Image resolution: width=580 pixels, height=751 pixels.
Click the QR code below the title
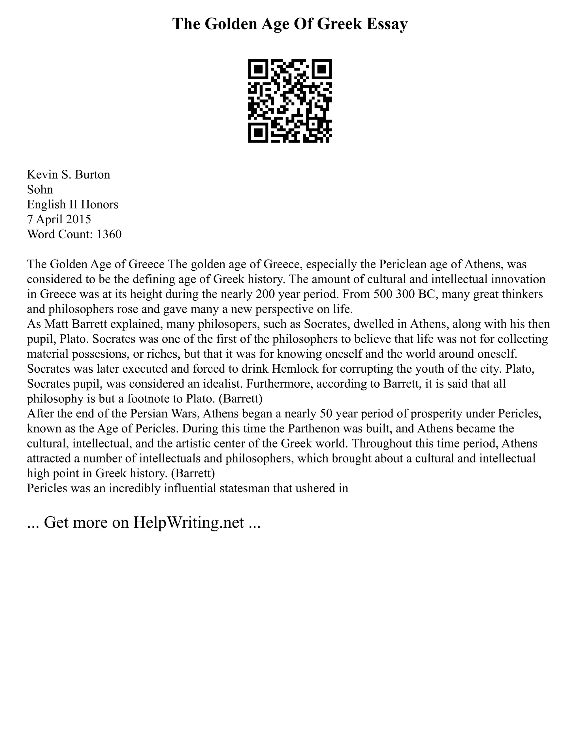(x=290, y=101)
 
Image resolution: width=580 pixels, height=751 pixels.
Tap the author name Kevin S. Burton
(x=69, y=175)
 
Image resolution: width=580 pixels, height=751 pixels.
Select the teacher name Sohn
(x=40, y=190)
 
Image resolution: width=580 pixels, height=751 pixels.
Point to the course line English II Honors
(x=72, y=205)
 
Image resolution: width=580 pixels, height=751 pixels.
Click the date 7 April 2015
(x=59, y=219)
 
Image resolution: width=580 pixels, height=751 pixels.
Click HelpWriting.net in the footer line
(x=189, y=522)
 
